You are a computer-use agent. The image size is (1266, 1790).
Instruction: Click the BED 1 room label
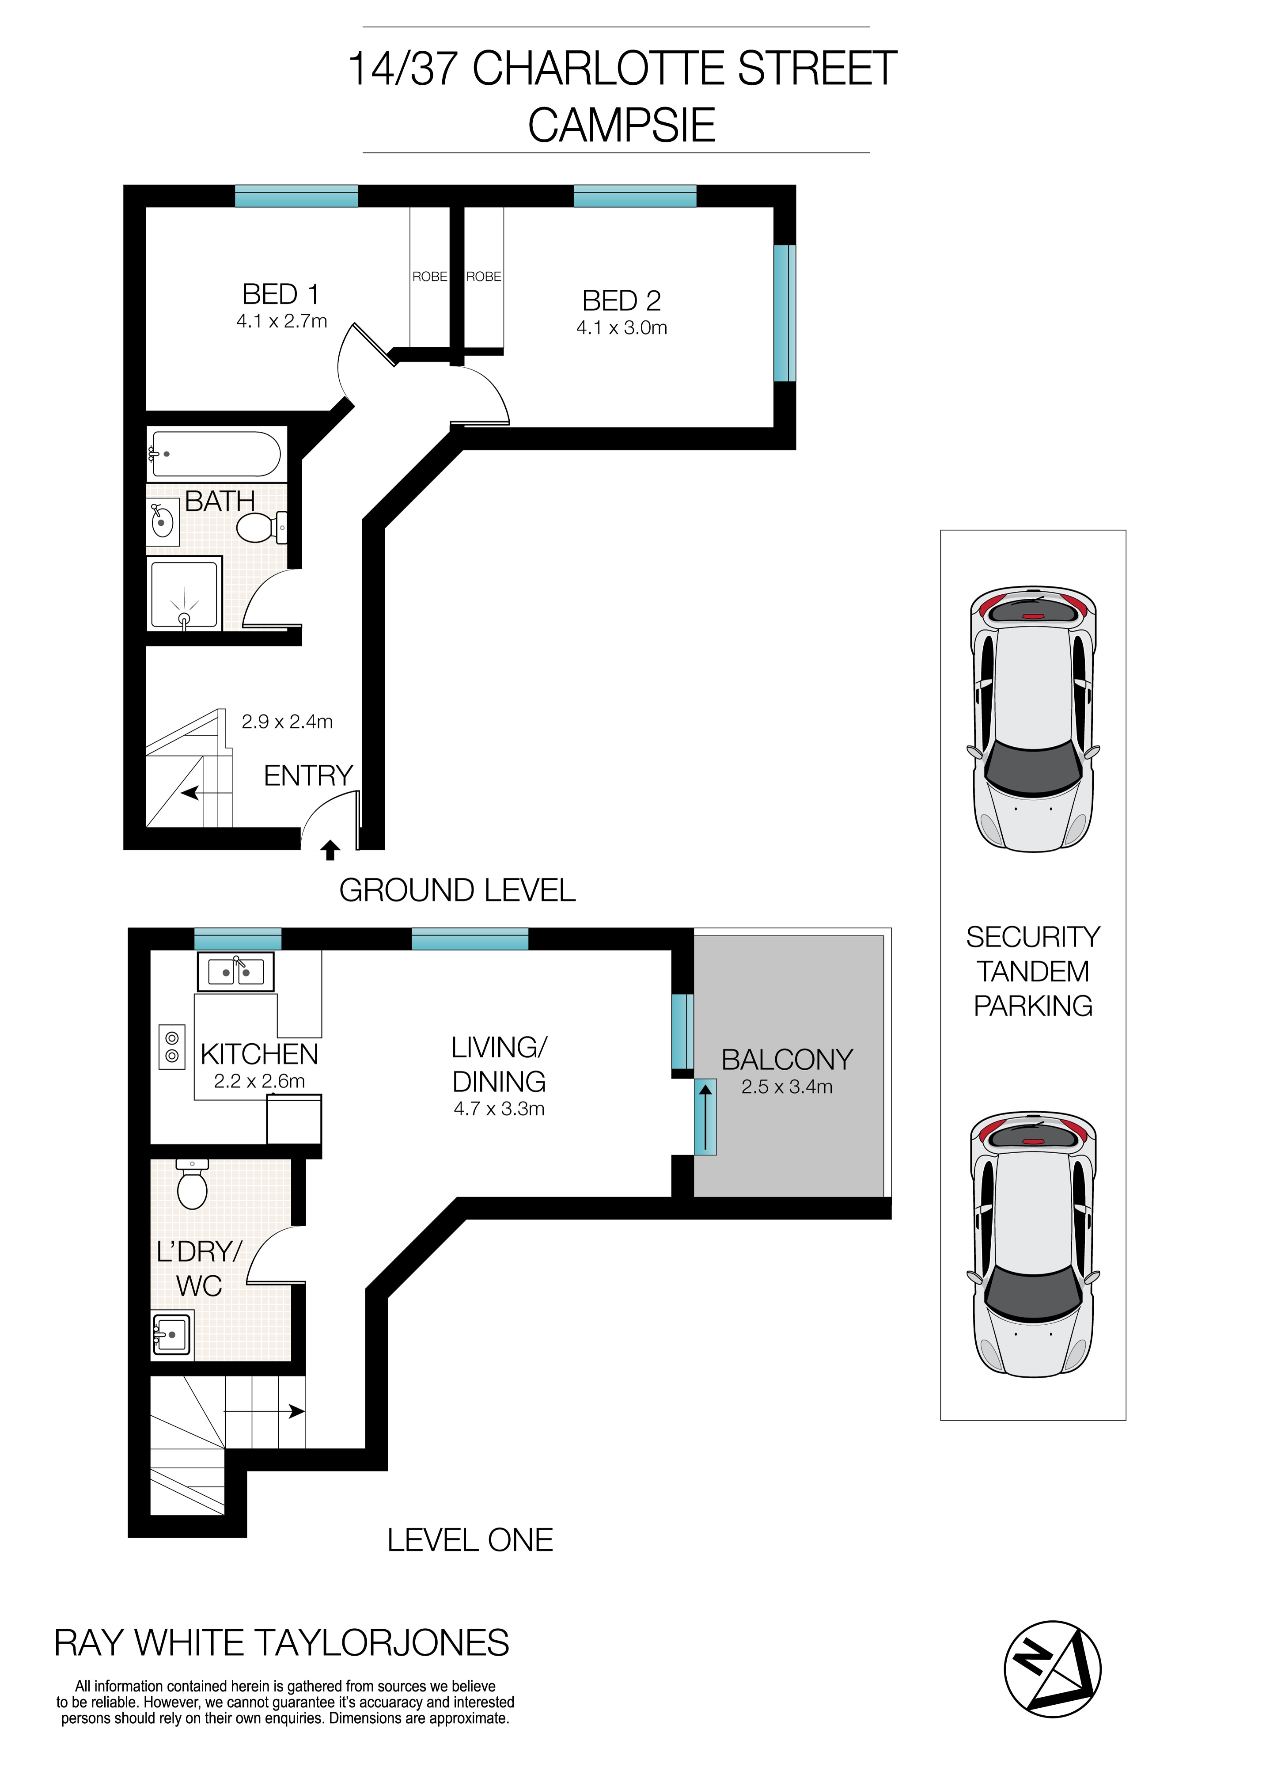280,295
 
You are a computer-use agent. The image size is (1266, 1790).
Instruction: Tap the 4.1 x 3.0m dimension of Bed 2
622,328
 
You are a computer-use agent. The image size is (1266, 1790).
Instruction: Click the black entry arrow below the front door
330,850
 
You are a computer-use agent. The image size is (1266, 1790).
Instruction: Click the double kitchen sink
235,971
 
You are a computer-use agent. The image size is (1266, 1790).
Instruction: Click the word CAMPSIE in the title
622,125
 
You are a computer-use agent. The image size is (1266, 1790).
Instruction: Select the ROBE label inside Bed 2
483,277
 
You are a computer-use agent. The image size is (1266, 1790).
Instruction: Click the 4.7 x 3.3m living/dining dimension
499,1109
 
